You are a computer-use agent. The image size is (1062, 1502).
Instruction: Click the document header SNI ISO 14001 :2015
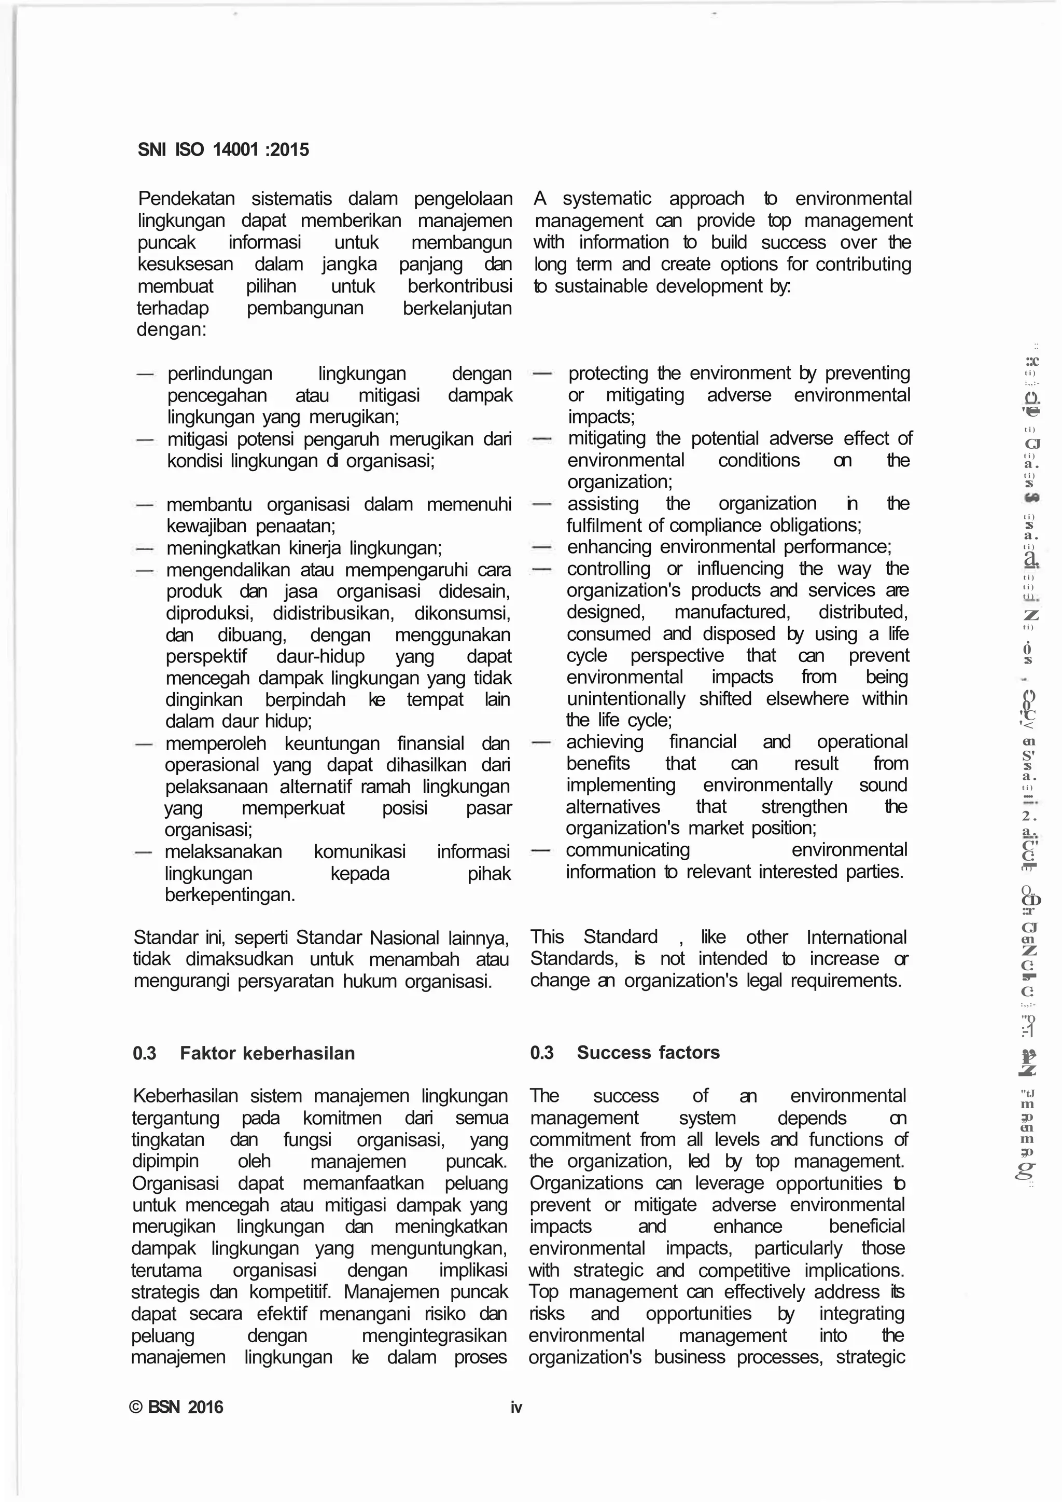click(x=223, y=150)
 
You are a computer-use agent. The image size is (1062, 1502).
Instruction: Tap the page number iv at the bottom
click(x=516, y=1407)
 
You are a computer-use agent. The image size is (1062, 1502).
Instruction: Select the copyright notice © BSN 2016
click(x=176, y=1407)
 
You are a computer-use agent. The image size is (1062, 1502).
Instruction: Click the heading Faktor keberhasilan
click(x=267, y=1053)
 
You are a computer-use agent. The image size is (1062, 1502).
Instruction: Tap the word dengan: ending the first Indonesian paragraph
click(x=171, y=329)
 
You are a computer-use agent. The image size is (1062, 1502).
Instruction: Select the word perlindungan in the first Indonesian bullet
click(x=220, y=374)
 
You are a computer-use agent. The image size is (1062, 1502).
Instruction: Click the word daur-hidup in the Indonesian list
click(x=320, y=656)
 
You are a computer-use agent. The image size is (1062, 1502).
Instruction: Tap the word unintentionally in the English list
click(x=626, y=699)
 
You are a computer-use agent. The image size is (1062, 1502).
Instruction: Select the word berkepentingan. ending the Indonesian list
click(x=230, y=895)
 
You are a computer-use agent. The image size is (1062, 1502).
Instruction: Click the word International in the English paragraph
click(x=856, y=937)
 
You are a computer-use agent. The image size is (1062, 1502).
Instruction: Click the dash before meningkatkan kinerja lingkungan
click(x=145, y=547)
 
